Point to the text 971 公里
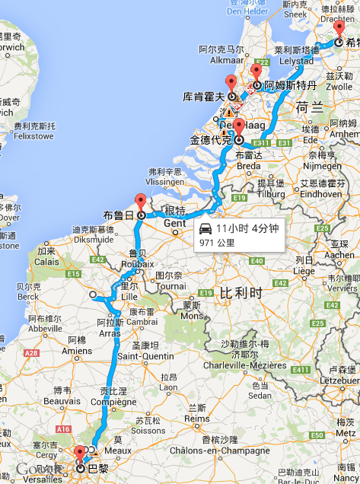217,243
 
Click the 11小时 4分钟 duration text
247,228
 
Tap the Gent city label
174,224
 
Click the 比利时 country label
240,291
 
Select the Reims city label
197,418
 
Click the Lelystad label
297,59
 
